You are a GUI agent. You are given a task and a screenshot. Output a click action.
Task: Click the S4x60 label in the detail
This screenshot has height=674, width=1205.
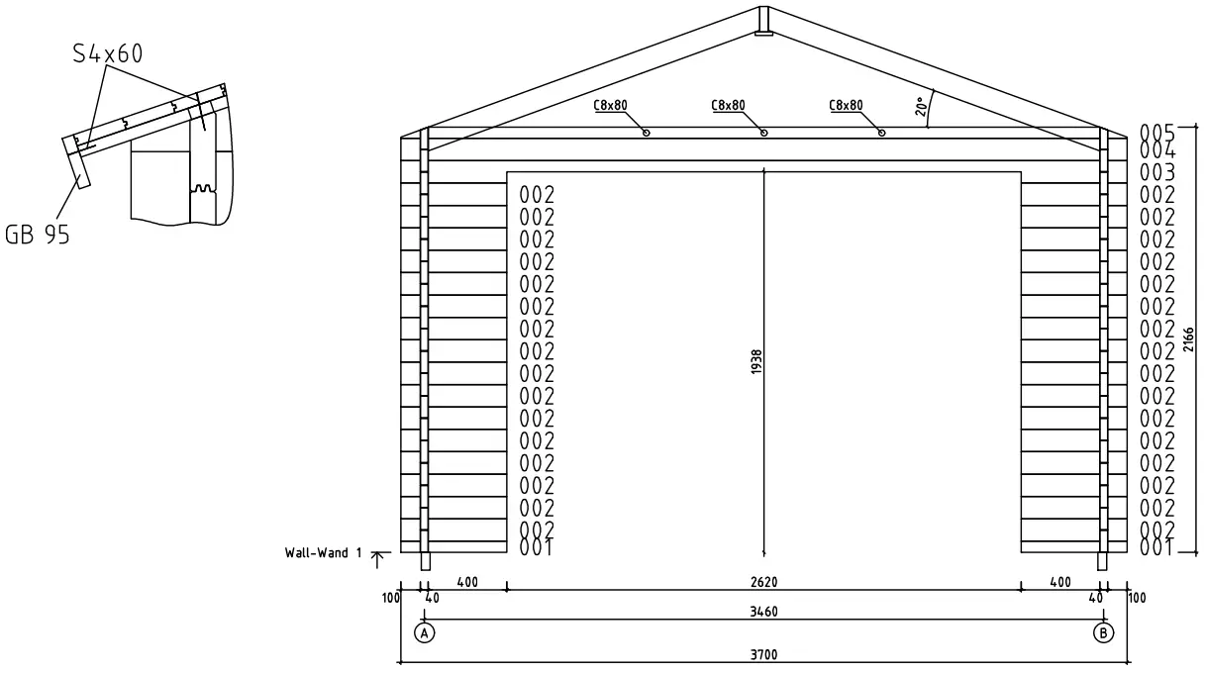point(107,52)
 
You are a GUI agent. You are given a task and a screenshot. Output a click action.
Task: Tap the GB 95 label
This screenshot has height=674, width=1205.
point(38,236)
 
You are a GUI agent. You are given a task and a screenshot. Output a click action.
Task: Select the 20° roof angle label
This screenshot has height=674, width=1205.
point(922,106)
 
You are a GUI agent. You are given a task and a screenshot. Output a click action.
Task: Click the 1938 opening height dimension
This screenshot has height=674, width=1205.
point(757,363)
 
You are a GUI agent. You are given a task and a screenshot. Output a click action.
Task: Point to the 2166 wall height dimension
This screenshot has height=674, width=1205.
point(1188,339)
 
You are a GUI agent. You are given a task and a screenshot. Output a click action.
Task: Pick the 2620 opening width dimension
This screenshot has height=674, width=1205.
point(763,582)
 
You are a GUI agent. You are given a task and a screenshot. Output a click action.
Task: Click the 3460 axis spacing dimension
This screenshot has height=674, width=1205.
point(763,612)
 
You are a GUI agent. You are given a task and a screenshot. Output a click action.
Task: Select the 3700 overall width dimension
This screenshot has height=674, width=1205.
point(763,655)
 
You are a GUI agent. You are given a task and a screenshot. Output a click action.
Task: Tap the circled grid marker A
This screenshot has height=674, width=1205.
point(424,632)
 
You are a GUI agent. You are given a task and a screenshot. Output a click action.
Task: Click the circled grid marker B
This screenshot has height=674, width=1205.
point(1103,632)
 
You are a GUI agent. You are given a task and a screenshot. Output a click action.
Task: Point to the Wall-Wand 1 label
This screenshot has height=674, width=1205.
point(317,553)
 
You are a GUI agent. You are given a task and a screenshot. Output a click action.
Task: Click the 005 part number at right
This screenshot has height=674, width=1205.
point(1156,132)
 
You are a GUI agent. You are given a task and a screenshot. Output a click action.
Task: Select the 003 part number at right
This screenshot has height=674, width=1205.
point(1156,172)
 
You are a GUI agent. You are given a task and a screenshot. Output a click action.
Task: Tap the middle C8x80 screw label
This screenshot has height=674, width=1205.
point(728,105)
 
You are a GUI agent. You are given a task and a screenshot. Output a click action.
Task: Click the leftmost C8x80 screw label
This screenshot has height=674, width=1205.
point(611,105)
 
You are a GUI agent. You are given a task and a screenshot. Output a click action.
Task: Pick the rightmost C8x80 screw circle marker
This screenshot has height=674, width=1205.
point(881,133)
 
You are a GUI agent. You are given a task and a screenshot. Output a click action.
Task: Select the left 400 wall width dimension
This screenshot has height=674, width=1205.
point(466,582)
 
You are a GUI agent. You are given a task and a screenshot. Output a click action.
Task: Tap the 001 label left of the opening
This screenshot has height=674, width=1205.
point(536,547)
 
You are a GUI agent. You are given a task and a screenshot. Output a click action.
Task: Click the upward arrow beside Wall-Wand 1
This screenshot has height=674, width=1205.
point(376,559)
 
